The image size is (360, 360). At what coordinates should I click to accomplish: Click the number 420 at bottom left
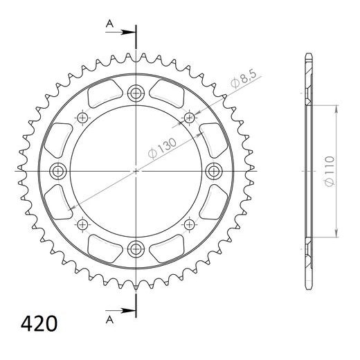pos(39,323)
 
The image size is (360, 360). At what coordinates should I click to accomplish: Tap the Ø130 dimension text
pos(162,148)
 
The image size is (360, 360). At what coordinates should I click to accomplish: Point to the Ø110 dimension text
pos(329,171)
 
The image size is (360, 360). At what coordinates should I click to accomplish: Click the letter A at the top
pos(109,24)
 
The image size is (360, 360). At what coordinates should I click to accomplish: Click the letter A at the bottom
pos(109,320)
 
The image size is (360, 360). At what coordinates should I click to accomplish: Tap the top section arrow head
pos(128,32)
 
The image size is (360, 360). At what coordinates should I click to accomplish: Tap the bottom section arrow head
pos(128,310)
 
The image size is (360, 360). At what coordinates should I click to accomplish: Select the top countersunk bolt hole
pos(136,93)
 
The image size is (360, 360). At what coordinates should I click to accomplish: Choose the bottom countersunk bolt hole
pos(136,249)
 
